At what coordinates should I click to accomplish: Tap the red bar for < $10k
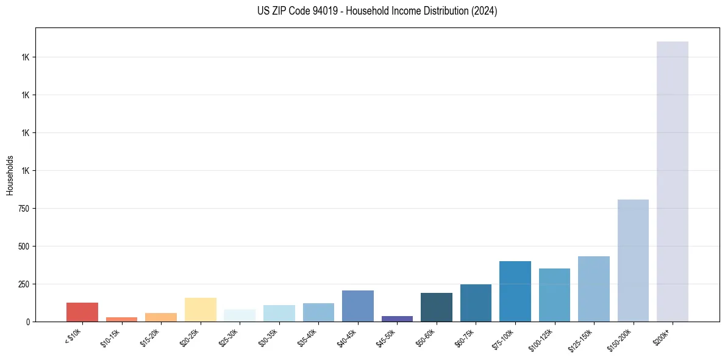point(82,312)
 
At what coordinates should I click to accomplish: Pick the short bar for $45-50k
point(397,319)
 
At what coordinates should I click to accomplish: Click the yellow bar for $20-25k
point(200,309)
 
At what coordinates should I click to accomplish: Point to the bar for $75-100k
point(515,291)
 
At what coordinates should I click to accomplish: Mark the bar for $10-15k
point(121,319)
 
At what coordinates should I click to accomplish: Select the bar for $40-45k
point(357,306)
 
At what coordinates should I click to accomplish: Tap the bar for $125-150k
point(593,289)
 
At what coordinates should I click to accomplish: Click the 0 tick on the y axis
point(27,322)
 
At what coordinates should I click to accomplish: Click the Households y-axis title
point(10,175)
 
